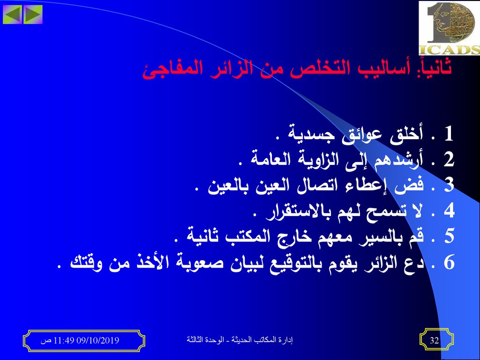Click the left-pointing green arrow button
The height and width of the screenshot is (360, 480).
(x=12, y=14)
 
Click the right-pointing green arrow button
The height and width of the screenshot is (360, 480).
(x=32, y=14)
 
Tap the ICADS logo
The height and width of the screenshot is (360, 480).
(x=449, y=28)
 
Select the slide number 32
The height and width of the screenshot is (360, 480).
(x=435, y=340)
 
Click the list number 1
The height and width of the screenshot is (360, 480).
(x=449, y=134)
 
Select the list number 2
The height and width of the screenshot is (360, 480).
(x=449, y=159)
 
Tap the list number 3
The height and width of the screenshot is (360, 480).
(x=449, y=185)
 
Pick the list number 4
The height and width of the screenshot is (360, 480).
(x=449, y=210)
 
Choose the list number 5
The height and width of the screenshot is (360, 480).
(x=449, y=236)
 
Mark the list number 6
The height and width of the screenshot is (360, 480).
(x=449, y=262)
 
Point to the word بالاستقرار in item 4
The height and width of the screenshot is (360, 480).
(x=296, y=212)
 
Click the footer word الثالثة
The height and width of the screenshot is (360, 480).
(x=196, y=340)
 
